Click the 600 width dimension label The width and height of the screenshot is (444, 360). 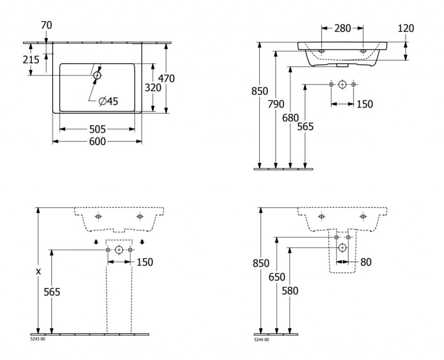click(x=98, y=141)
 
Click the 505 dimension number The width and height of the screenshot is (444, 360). click(x=98, y=129)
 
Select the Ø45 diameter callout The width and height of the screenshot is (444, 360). click(x=108, y=101)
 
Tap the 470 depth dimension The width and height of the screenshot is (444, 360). click(x=166, y=79)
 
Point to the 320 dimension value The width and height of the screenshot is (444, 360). click(x=153, y=88)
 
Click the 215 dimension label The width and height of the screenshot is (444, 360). click(x=31, y=59)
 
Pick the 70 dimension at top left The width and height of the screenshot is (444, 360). click(x=46, y=26)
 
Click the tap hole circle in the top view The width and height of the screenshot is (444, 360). click(x=97, y=75)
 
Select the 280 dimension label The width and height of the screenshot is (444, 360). click(x=343, y=29)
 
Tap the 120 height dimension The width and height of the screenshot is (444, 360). click(x=405, y=29)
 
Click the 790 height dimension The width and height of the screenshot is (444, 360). click(x=276, y=104)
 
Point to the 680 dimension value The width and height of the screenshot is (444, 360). click(x=291, y=118)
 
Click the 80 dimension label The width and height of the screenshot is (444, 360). click(x=366, y=262)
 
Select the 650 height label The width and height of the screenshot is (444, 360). click(x=276, y=277)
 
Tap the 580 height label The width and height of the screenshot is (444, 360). click(x=290, y=291)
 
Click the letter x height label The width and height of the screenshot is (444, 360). click(x=39, y=272)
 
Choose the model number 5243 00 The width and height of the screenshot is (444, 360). click(x=37, y=340)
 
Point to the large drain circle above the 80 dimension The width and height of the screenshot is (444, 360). click(x=343, y=248)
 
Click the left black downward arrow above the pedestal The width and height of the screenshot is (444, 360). click(x=96, y=242)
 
